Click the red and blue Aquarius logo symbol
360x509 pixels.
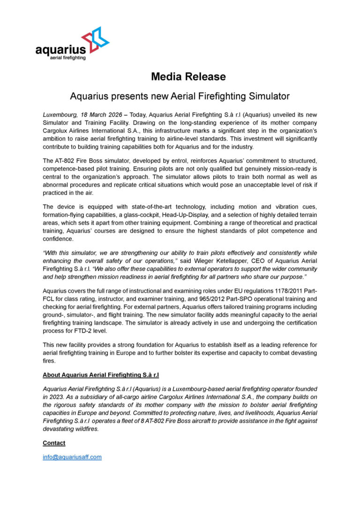click(95, 38)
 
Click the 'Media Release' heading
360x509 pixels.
click(188, 76)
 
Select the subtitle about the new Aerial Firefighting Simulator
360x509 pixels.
click(180, 96)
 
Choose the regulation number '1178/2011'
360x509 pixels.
click(265, 291)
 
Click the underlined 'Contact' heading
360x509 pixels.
click(54, 443)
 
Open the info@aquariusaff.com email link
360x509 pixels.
click(72, 457)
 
